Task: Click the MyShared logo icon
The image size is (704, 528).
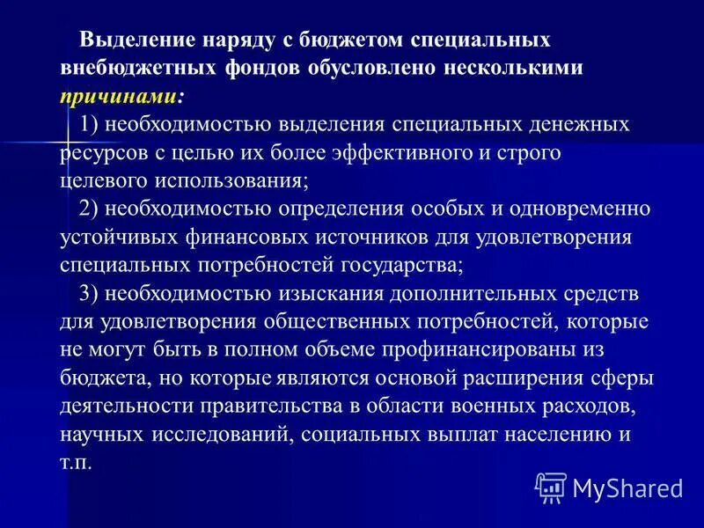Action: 550,486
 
